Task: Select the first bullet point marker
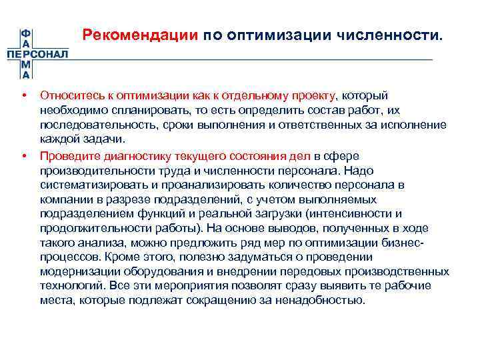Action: (x=25, y=97)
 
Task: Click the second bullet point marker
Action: (x=25, y=157)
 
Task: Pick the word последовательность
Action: (x=87, y=125)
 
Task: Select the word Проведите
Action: (x=69, y=157)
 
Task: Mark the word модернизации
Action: (x=77, y=272)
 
